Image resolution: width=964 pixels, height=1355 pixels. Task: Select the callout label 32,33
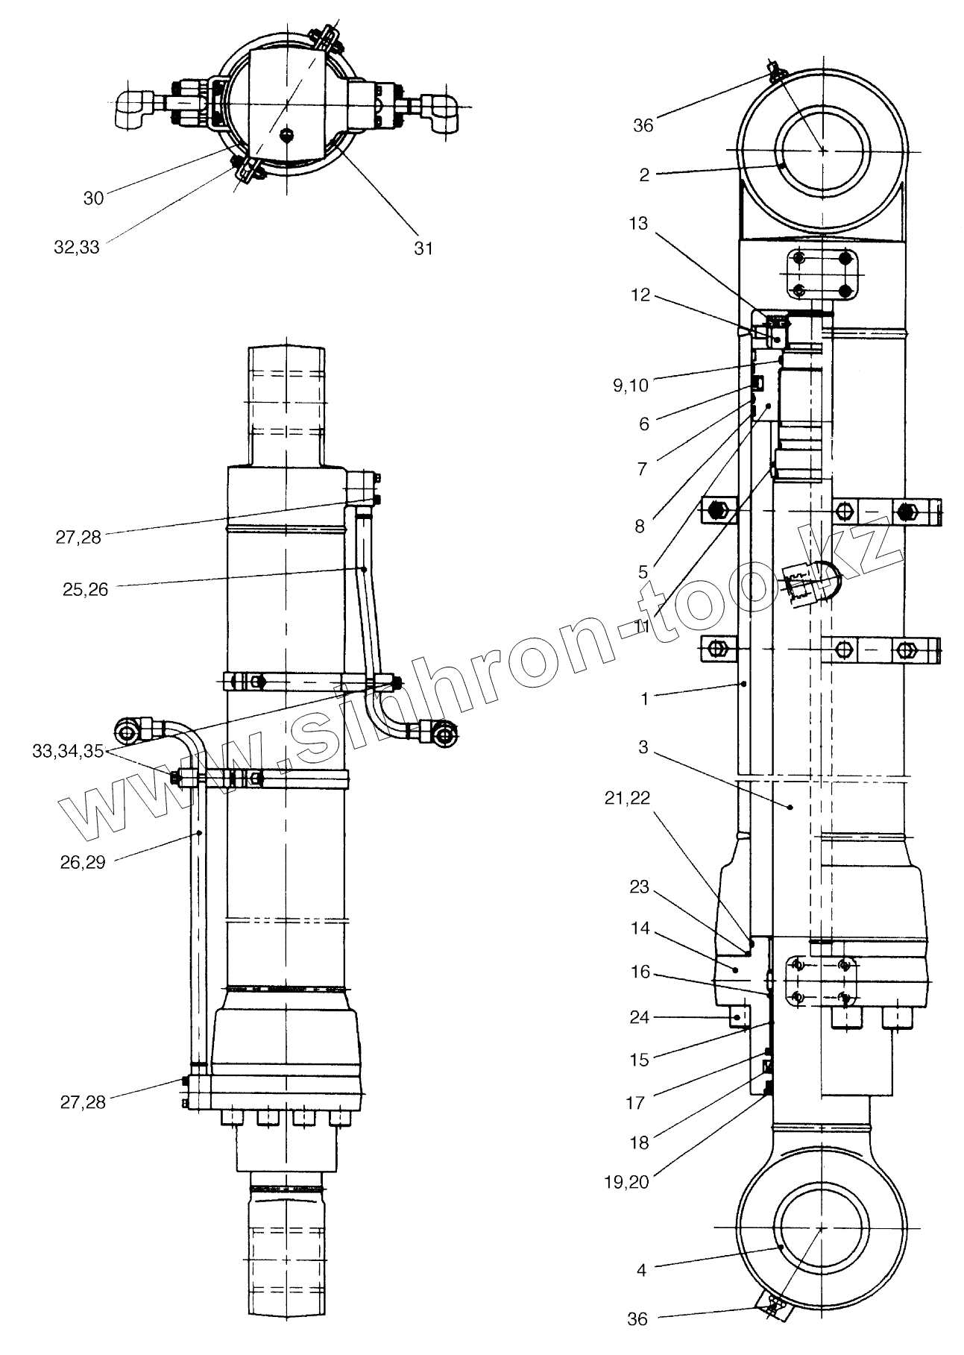pyautogui.click(x=77, y=247)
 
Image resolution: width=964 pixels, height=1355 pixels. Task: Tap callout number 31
pyautogui.click(x=423, y=248)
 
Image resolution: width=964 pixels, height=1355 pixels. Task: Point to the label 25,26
pyautogui.click(x=86, y=590)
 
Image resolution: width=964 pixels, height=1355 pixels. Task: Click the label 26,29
pyautogui.click(x=83, y=862)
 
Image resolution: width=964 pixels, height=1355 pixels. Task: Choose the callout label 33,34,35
pyautogui.click(x=68, y=751)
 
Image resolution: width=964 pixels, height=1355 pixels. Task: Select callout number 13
pyautogui.click(x=639, y=224)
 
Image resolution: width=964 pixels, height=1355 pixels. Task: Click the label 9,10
pyautogui.click(x=630, y=385)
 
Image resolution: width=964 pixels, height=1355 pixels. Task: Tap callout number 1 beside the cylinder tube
pyautogui.click(x=645, y=699)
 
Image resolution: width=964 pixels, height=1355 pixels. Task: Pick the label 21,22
pyautogui.click(x=628, y=798)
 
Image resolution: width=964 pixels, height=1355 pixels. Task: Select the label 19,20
pyautogui.click(x=628, y=1181)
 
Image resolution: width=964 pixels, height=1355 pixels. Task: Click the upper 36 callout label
pyautogui.click(x=643, y=125)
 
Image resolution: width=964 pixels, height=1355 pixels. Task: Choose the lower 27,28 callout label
pyautogui.click(x=83, y=1102)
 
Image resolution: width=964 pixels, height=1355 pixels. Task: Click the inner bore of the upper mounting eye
pyautogui.click(x=821, y=150)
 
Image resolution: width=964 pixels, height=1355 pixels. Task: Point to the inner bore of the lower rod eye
pyautogui.click(x=821, y=1227)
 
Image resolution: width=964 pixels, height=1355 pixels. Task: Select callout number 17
pyautogui.click(x=634, y=1102)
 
